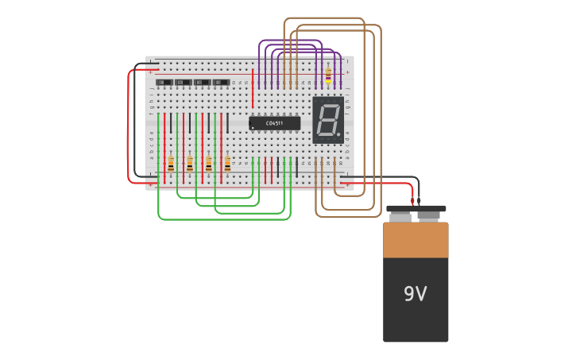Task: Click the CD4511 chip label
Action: (x=274, y=123)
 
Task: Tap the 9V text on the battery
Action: (x=415, y=294)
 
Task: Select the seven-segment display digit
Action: (x=327, y=120)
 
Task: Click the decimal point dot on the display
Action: (x=339, y=136)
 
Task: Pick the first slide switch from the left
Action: (x=164, y=83)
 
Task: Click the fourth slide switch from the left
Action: (x=222, y=83)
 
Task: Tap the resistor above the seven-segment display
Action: (x=328, y=75)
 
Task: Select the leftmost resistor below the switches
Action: (x=171, y=164)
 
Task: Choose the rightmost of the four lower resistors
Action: (x=227, y=164)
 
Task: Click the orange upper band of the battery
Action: (x=416, y=240)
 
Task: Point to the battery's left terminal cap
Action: (x=400, y=215)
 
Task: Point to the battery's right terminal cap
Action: (x=429, y=215)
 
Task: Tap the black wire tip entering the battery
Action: (x=419, y=201)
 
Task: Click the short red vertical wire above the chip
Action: (x=253, y=88)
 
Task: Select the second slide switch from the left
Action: (x=184, y=83)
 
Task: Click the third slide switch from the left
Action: (x=203, y=83)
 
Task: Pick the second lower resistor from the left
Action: (x=190, y=164)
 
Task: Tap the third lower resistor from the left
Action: (x=209, y=164)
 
